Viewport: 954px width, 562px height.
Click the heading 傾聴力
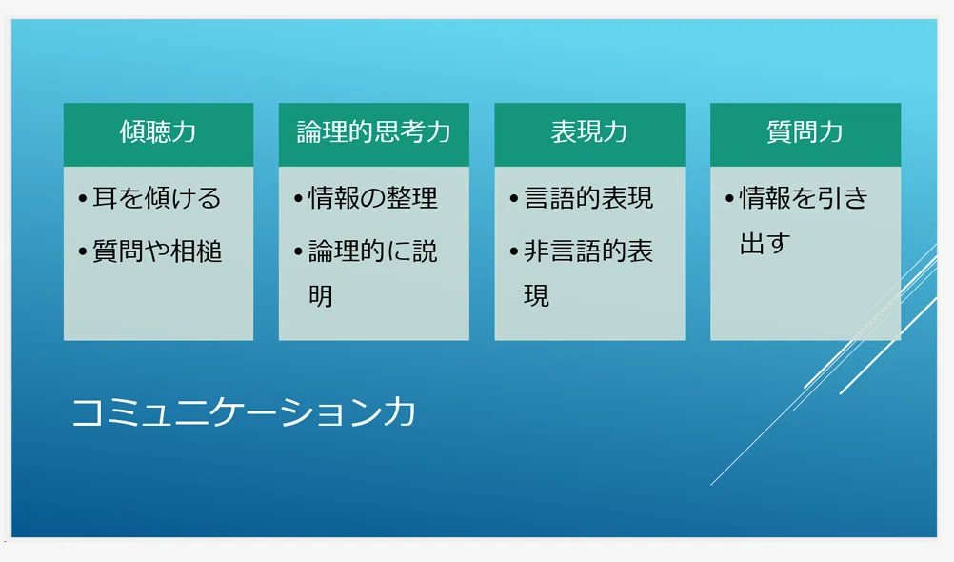[158, 131]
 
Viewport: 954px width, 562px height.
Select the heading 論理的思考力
[373, 131]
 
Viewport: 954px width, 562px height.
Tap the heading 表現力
[589, 131]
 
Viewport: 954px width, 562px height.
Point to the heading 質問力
[805, 131]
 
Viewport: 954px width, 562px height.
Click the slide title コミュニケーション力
[244, 412]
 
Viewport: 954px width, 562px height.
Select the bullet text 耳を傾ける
[157, 198]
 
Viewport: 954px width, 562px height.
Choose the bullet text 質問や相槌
[157, 251]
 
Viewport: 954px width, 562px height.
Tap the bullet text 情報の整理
[373, 198]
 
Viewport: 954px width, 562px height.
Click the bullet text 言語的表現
[588, 198]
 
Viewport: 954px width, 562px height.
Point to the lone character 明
[321, 296]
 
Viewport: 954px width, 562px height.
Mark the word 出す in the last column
[765, 244]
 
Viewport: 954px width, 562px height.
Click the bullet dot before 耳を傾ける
[83, 198]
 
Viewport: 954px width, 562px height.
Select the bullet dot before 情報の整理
[298, 198]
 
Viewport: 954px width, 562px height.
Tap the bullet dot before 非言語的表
[514, 251]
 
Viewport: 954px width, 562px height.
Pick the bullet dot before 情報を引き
[729, 198]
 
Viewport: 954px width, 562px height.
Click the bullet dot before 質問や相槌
[83, 251]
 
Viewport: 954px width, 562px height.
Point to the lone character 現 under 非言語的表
[537, 296]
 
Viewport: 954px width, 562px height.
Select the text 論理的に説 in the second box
[373, 251]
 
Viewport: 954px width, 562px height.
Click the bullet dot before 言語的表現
[514, 198]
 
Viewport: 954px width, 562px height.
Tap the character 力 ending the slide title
[400, 412]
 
